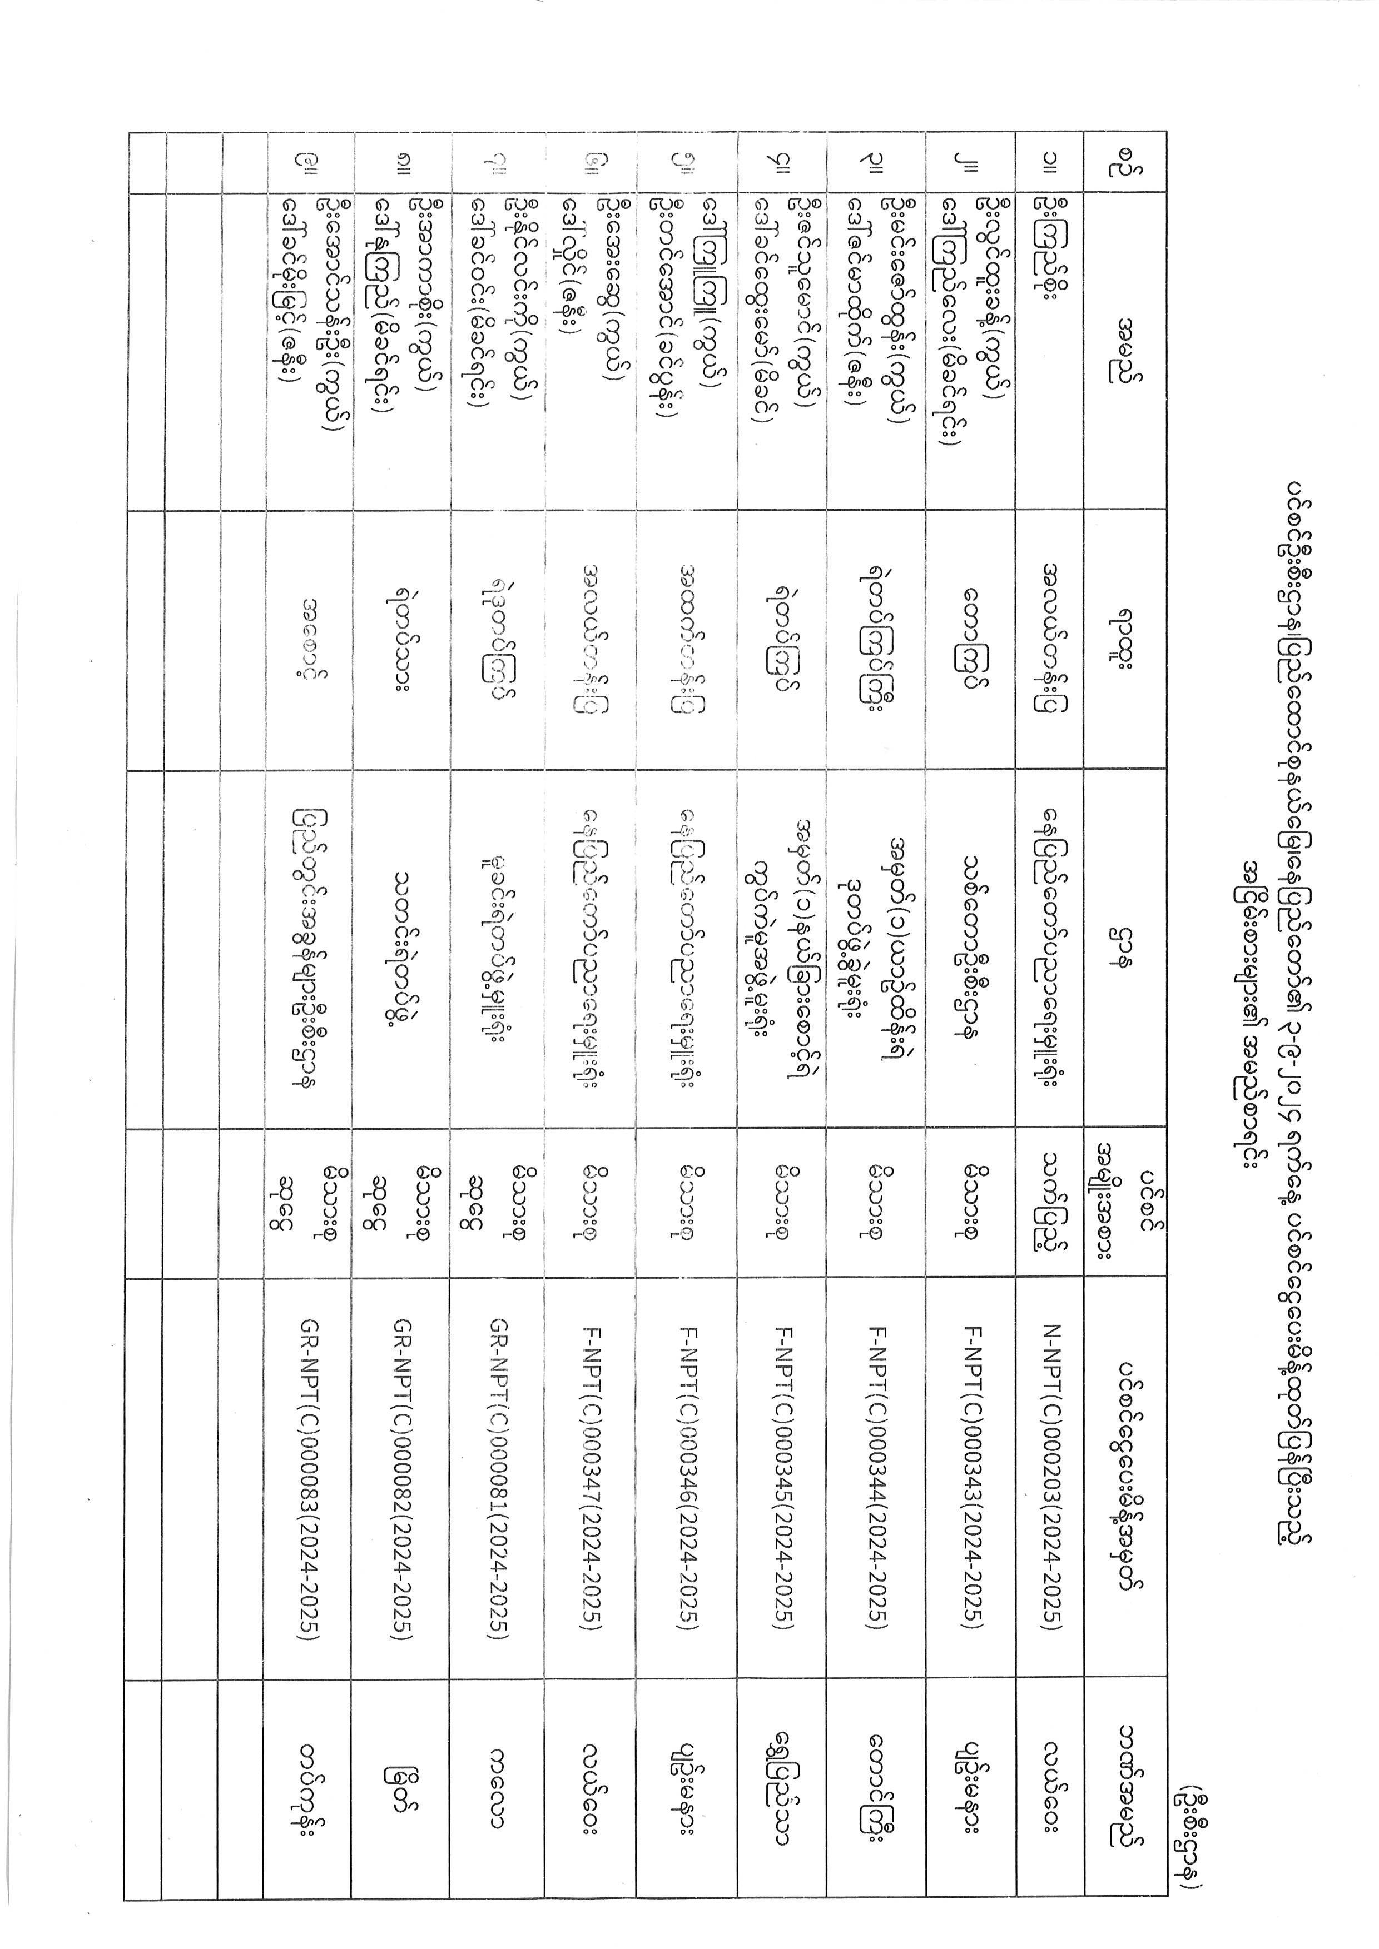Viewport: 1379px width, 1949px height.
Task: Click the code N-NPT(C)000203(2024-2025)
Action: click(x=1051, y=1476)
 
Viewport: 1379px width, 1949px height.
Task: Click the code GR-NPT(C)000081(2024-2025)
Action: click(x=499, y=1476)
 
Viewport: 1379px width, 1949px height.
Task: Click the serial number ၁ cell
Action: click(x=1051, y=163)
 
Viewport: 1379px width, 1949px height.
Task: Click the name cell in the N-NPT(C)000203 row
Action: click(x=1051, y=255)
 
